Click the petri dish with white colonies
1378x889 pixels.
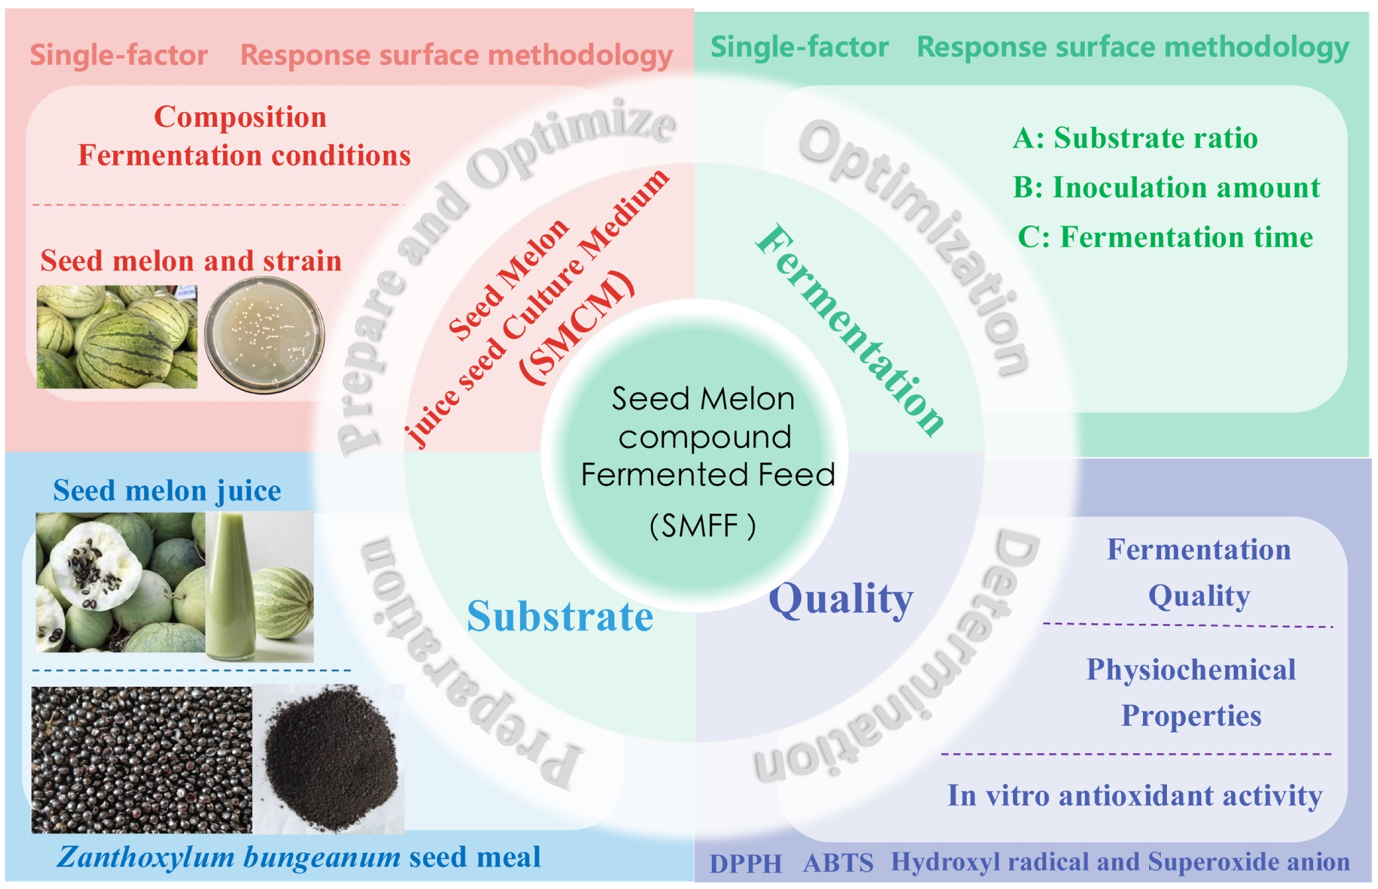[264, 334]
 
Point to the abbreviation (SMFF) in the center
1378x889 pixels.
[702, 526]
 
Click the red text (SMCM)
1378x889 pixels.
[577, 327]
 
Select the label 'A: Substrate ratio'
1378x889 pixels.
[1135, 138]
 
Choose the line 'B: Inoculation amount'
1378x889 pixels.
[1166, 188]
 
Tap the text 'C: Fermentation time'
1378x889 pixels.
[1165, 238]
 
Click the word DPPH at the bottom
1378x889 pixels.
[745, 864]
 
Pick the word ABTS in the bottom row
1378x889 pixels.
[838, 864]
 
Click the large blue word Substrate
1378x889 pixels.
[559, 616]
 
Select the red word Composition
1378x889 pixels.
[240, 117]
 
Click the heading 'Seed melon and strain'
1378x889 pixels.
[191, 260]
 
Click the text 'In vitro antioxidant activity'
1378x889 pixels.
[1134, 796]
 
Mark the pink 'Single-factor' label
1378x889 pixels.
[119, 55]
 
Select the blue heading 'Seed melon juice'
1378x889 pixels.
[167, 491]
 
